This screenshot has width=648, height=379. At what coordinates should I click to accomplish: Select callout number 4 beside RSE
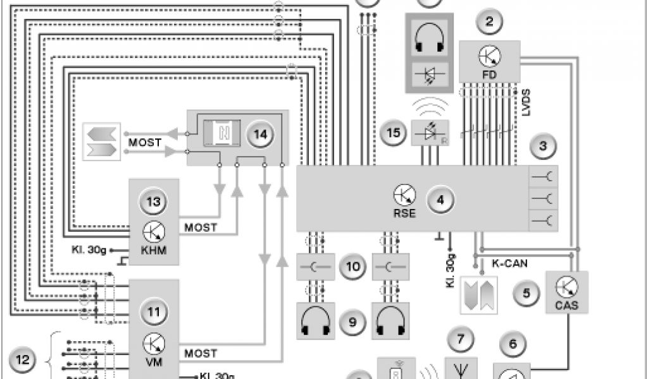pyautogui.click(x=440, y=200)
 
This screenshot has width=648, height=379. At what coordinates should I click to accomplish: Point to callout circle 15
pyautogui.click(x=394, y=133)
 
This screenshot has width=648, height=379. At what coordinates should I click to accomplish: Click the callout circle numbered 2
pyautogui.click(x=489, y=22)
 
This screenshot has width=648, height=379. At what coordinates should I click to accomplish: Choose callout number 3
pyautogui.click(x=542, y=146)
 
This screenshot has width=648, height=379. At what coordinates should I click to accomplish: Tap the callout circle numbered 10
pyautogui.click(x=351, y=267)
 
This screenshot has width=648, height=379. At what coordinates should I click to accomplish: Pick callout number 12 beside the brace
pyautogui.click(x=23, y=361)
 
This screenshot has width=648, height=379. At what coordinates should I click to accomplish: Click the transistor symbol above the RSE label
pyautogui.click(x=405, y=194)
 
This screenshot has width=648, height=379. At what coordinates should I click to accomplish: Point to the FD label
pyautogui.click(x=490, y=75)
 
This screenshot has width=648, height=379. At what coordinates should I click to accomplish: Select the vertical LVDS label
pyautogui.click(x=527, y=101)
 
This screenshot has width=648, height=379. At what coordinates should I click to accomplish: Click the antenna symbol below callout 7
pyautogui.click(x=460, y=369)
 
